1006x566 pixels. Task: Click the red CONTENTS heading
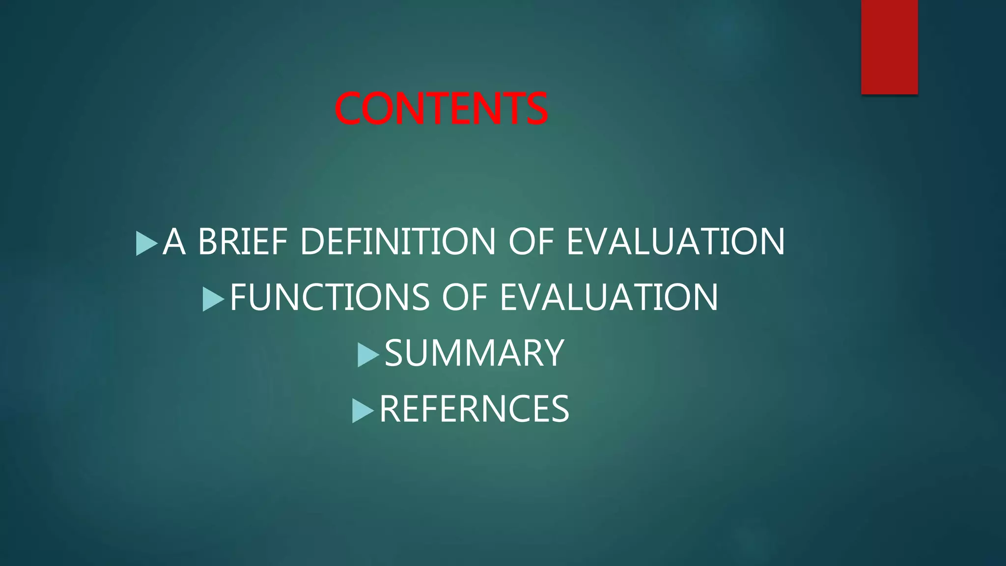(x=441, y=109)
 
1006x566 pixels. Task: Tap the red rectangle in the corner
(x=889, y=47)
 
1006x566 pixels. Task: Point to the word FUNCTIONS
(x=330, y=297)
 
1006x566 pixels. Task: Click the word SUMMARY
(x=474, y=353)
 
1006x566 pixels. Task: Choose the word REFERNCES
(x=474, y=409)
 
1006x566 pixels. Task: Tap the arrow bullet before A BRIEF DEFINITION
(x=146, y=243)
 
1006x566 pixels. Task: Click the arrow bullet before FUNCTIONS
(x=213, y=299)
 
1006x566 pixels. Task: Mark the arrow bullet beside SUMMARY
(x=368, y=355)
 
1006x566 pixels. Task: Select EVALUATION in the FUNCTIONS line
(x=609, y=297)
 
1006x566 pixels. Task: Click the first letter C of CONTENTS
(x=348, y=109)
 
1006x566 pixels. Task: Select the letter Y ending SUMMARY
(x=554, y=353)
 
